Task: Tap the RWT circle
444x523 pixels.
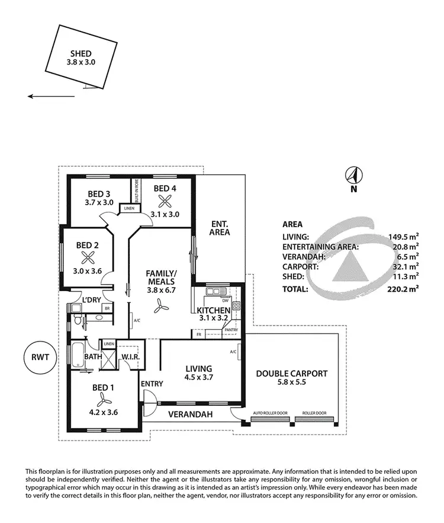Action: [x=40, y=358]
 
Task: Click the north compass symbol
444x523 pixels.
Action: [x=353, y=176]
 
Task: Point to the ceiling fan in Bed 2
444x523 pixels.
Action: [x=88, y=257]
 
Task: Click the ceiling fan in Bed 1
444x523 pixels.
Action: [x=99, y=396]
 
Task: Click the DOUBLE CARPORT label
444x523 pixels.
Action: [x=291, y=374]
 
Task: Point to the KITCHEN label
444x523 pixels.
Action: [x=213, y=311]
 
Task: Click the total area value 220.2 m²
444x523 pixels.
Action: [x=403, y=289]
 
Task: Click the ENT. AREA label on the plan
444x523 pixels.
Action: [x=220, y=228]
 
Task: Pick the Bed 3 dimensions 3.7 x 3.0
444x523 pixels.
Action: [x=99, y=202]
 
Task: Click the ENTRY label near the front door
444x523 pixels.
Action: [x=151, y=384]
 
